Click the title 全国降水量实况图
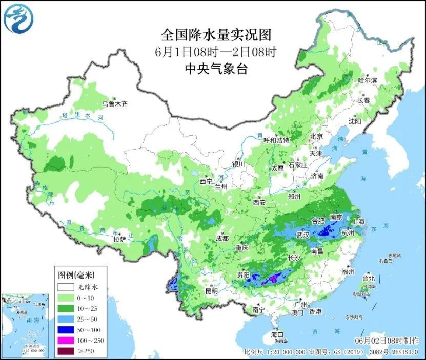tap(216, 35)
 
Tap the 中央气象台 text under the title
tap(216, 69)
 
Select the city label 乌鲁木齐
tap(114, 104)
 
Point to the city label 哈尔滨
tap(367, 81)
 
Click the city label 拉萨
tap(119, 239)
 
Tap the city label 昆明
tap(211, 291)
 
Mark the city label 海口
tap(277, 334)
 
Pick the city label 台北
tap(368, 279)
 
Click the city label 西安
tap(259, 202)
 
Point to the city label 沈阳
tap(355, 121)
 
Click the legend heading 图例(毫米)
tap(75, 275)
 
